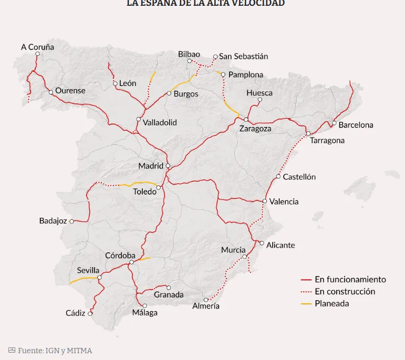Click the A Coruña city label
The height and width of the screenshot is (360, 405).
[37, 47]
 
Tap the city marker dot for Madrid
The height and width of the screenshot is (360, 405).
[168, 166]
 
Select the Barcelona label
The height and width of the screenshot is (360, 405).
[356, 125]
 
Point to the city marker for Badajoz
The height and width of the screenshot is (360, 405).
[72, 221]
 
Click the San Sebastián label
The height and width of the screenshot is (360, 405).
[243, 56]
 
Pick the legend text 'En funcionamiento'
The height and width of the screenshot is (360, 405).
[350, 279]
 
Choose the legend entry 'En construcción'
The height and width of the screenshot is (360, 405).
[345, 291]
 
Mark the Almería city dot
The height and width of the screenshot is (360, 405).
[206, 300]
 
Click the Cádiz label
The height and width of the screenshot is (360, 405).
[76, 313]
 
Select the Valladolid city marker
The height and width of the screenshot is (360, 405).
[139, 119]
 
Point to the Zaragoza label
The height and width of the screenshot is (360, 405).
[255, 129]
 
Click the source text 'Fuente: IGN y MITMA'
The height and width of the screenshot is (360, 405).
[55, 350]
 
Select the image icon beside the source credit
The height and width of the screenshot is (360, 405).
[12, 350]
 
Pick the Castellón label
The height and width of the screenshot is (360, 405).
[299, 177]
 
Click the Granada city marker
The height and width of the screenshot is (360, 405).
[169, 288]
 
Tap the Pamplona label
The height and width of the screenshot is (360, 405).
[246, 75]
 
